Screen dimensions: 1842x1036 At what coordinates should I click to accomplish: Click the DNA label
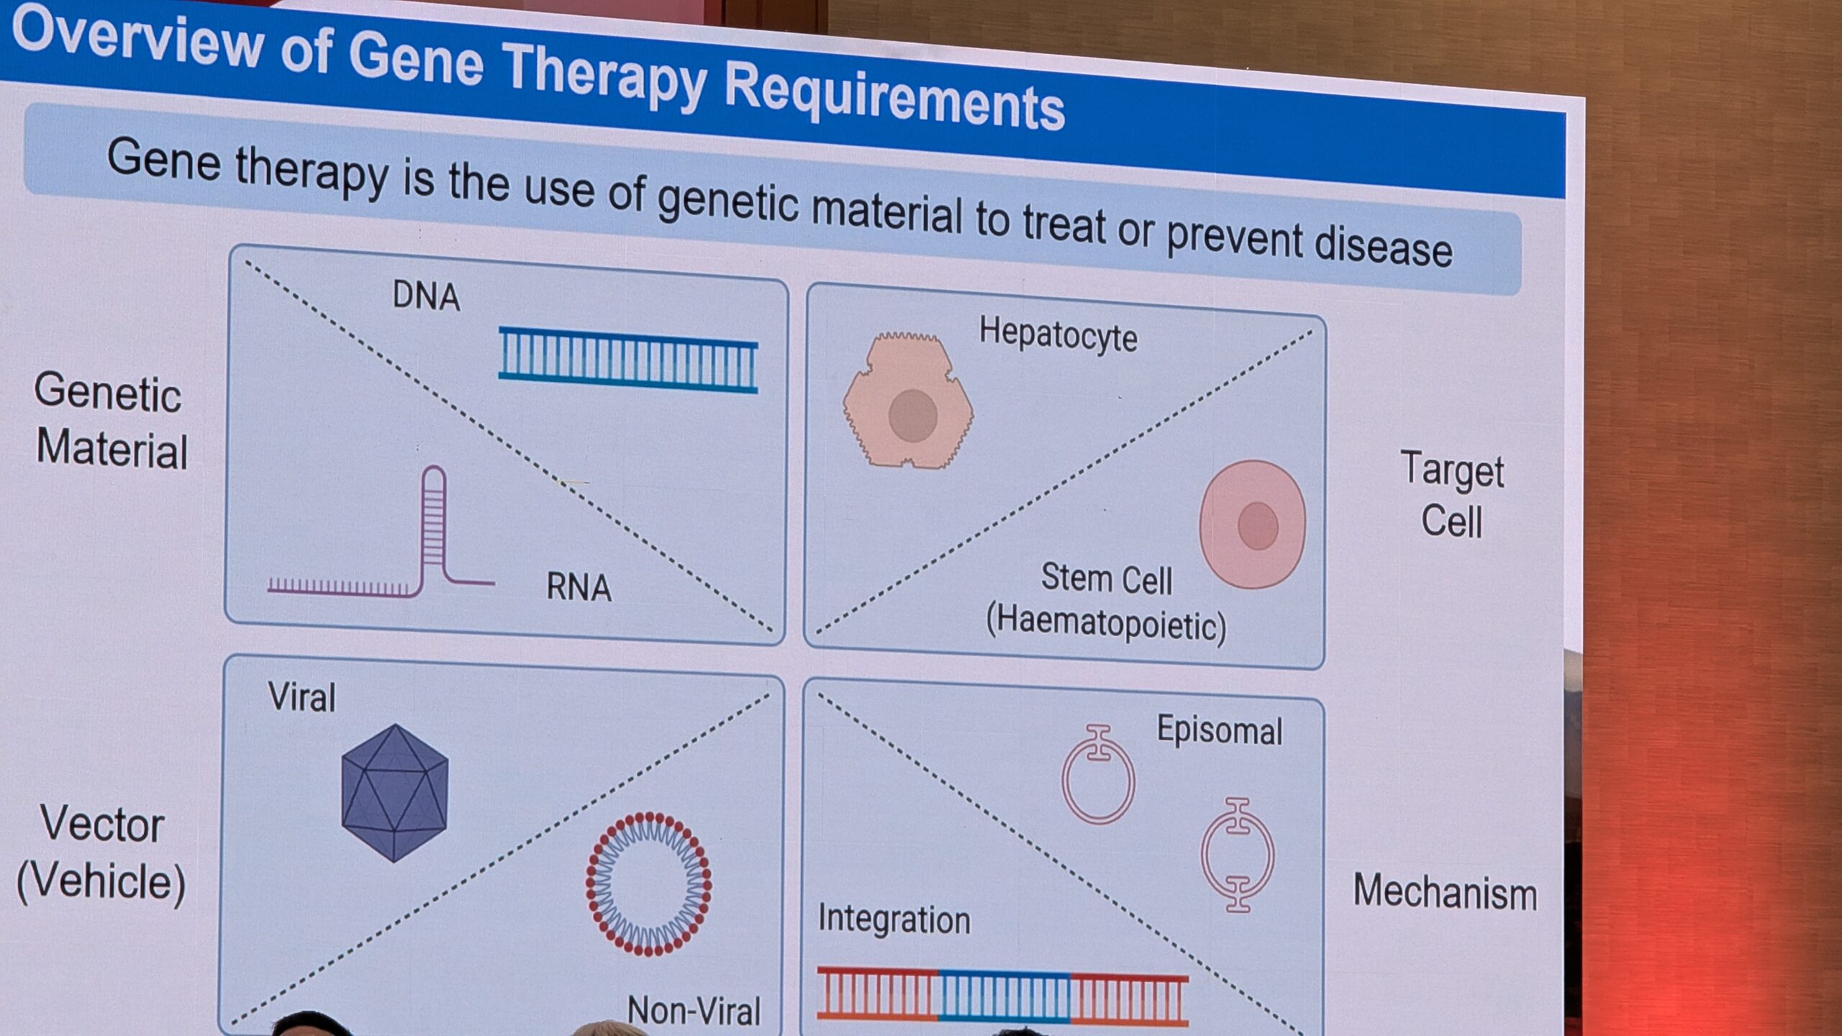click(426, 296)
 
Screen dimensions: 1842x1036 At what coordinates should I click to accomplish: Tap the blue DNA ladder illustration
click(628, 360)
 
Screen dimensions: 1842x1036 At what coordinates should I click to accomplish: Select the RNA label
click(579, 586)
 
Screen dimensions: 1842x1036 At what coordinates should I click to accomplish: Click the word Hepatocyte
click(1058, 335)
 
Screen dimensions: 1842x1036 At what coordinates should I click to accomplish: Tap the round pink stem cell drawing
click(1253, 524)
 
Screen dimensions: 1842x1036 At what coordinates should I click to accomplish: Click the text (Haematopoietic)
click(1106, 623)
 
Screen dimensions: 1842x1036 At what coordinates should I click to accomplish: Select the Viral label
click(301, 697)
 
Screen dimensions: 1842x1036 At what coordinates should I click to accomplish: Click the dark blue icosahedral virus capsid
click(395, 793)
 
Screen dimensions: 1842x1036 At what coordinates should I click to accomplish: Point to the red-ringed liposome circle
click(649, 883)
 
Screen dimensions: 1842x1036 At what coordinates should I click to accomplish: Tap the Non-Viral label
click(694, 1010)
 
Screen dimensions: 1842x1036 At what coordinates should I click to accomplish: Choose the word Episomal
click(1220, 730)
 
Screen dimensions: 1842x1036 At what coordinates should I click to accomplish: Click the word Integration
click(894, 919)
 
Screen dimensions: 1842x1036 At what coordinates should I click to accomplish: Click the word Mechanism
click(1445, 892)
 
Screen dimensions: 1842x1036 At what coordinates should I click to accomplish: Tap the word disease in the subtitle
click(1383, 245)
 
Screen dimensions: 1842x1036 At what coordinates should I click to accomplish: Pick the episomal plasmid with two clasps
click(1238, 855)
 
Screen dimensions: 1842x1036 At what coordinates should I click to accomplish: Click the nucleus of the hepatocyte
click(912, 415)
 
